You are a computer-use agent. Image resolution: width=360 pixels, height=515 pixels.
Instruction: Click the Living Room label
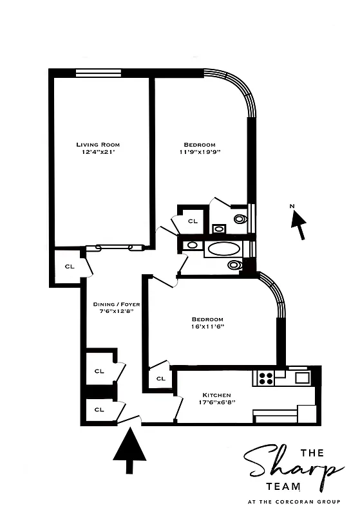pyautogui.click(x=97, y=144)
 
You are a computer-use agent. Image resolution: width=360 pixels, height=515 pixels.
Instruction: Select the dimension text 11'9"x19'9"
pyautogui.click(x=200, y=152)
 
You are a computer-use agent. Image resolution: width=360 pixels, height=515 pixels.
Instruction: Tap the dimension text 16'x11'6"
pyautogui.click(x=207, y=327)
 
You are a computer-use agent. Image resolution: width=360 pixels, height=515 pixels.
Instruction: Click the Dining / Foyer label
pyautogui.click(x=116, y=304)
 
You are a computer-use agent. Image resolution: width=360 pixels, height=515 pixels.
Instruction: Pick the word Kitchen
pyautogui.click(x=216, y=395)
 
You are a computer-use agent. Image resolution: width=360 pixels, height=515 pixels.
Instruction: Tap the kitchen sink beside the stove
pyautogui.click(x=302, y=377)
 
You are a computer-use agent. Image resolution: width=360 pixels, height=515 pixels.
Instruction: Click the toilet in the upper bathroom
pyautogui.click(x=240, y=218)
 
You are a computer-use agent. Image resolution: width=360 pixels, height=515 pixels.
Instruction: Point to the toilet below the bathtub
pyautogui.click(x=234, y=265)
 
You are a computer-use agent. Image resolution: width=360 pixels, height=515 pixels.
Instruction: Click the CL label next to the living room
pyautogui.click(x=70, y=265)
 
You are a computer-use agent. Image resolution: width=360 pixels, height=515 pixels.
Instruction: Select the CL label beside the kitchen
pyautogui.click(x=160, y=378)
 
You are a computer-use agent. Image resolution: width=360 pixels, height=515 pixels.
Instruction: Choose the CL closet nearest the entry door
pyautogui.click(x=99, y=409)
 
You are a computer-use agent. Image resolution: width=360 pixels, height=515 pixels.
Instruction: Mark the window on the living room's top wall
pyautogui.click(x=98, y=73)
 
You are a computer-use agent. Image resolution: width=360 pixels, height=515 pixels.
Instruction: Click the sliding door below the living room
pyautogui.click(x=115, y=247)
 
